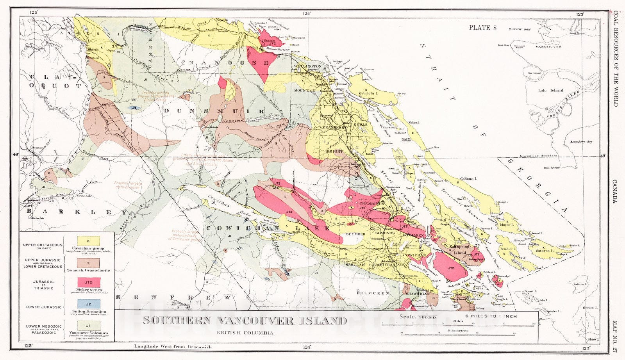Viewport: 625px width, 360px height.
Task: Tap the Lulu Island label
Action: (551, 90)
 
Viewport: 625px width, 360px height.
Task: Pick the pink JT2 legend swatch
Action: (89, 282)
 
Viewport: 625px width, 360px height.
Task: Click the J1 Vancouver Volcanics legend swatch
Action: (89, 325)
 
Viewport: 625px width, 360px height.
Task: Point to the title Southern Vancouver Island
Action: (245, 321)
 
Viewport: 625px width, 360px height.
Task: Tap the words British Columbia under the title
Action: (245, 333)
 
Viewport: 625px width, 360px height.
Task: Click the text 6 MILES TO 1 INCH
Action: (491, 316)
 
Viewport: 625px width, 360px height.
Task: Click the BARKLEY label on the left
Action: (76, 211)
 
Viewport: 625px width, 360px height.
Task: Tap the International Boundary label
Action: (538, 156)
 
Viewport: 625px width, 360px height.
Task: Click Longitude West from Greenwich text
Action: (172, 346)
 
